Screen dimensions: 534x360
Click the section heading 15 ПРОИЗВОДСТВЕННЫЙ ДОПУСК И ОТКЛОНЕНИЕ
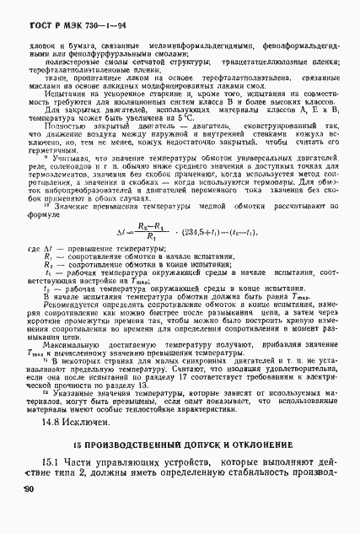point(180,444)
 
